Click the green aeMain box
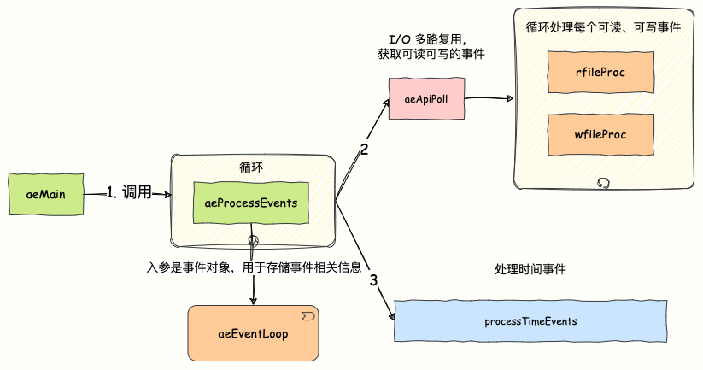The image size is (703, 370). (47, 194)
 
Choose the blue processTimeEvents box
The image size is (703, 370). (530, 321)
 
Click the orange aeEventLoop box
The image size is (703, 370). (253, 332)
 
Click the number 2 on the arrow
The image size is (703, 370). (364, 150)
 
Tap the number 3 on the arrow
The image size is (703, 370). (373, 280)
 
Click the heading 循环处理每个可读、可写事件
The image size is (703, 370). (603, 27)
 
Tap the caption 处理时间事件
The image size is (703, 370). (530, 269)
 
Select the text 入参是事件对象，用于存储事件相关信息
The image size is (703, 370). (254, 267)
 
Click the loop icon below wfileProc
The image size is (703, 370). (603, 183)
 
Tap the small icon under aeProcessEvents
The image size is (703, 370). (253, 238)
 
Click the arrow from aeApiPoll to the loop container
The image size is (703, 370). (487, 100)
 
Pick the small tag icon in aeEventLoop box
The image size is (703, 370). (307, 316)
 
